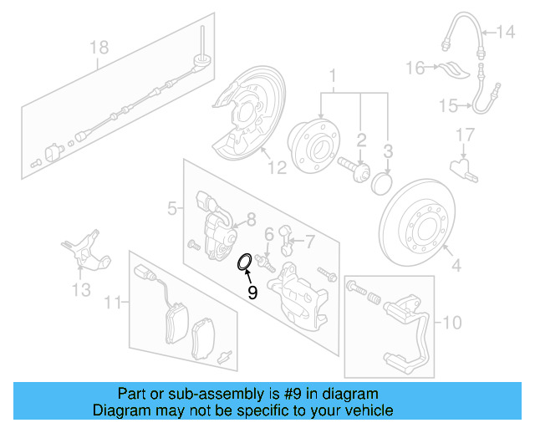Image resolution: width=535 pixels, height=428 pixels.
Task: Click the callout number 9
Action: point(252,293)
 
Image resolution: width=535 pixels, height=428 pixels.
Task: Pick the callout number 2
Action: point(361,139)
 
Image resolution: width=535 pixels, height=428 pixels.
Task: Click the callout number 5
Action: point(171,207)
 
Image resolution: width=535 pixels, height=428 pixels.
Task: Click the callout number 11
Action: point(115,298)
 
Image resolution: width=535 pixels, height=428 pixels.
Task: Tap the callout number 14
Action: point(507,33)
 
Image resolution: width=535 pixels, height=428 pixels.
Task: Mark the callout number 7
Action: point(309,242)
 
